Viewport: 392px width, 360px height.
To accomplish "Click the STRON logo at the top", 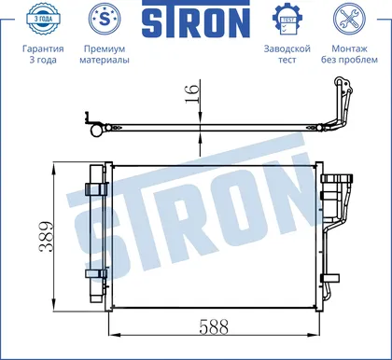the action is (196, 19).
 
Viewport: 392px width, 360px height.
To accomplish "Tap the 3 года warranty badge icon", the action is (43, 19).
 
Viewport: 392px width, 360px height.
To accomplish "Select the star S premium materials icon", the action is (105, 19).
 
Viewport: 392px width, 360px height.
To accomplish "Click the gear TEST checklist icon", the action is (287, 20).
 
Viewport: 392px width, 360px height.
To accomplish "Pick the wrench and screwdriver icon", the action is (349, 19).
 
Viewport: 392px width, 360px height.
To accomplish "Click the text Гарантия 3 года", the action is (43, 54).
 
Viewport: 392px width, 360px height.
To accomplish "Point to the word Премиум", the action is (105, 49).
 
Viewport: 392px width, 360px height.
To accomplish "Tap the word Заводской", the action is (287, 48).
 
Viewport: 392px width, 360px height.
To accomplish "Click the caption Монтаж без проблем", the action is (349, 54).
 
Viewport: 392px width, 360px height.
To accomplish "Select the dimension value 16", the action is (192, 93).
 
